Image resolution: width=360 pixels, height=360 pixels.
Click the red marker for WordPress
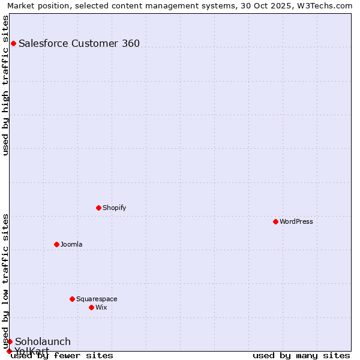point(275,221)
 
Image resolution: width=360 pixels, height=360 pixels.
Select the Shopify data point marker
point(98,208)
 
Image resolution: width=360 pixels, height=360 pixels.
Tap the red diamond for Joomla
point(56,244)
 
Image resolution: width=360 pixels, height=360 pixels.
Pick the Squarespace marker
point(72,299)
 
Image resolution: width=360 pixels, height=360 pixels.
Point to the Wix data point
point(91,307)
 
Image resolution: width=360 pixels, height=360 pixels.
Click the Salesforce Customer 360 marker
point(13,43)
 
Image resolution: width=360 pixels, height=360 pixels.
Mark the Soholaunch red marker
point(10,341)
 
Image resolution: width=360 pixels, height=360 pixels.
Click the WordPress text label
point(296,221)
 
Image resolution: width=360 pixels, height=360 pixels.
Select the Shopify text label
point(114,208)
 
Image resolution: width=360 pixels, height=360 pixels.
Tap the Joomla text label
point(71,244)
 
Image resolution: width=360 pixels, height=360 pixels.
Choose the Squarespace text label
point(97,299)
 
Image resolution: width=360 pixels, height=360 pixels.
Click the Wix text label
point(101,307)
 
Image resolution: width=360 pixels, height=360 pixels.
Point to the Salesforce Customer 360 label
point(79,43)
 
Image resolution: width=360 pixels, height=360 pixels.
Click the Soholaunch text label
point(43,341)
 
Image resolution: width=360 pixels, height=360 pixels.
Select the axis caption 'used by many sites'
point(301,356)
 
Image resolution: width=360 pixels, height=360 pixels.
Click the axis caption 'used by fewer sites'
point(62,356)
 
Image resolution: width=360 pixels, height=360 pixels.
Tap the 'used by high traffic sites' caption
point(6,85)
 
